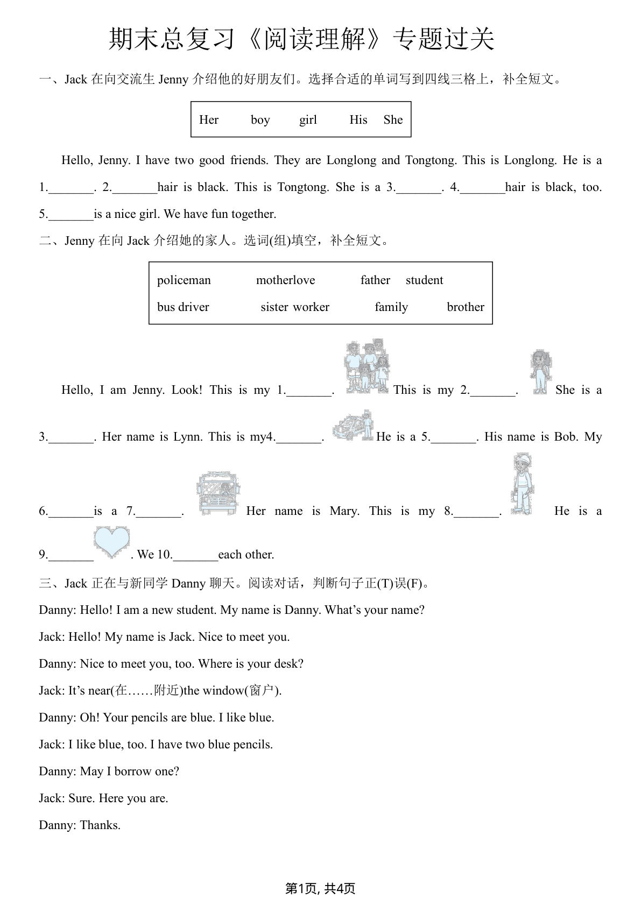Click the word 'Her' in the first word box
pos(209,120)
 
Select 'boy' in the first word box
pos(260,120)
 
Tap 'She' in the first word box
pos(393,120)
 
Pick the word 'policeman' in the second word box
pos(184,280)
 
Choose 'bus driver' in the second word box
pos(183,307)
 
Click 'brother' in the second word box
pos(466,307)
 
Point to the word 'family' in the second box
pos(391,307)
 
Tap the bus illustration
pos(218,493)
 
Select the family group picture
pos(367,366)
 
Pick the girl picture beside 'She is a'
pos(539,372)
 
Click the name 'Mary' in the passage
pos(344,511)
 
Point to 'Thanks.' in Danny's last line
pos(100,825)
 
